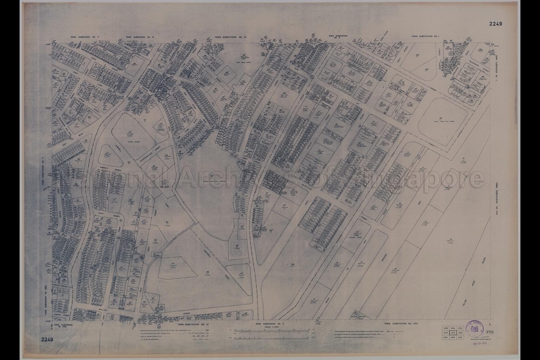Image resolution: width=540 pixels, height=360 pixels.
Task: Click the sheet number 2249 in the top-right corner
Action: tap(495, 24)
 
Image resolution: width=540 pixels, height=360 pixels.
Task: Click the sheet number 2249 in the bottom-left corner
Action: tap(47, 339)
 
